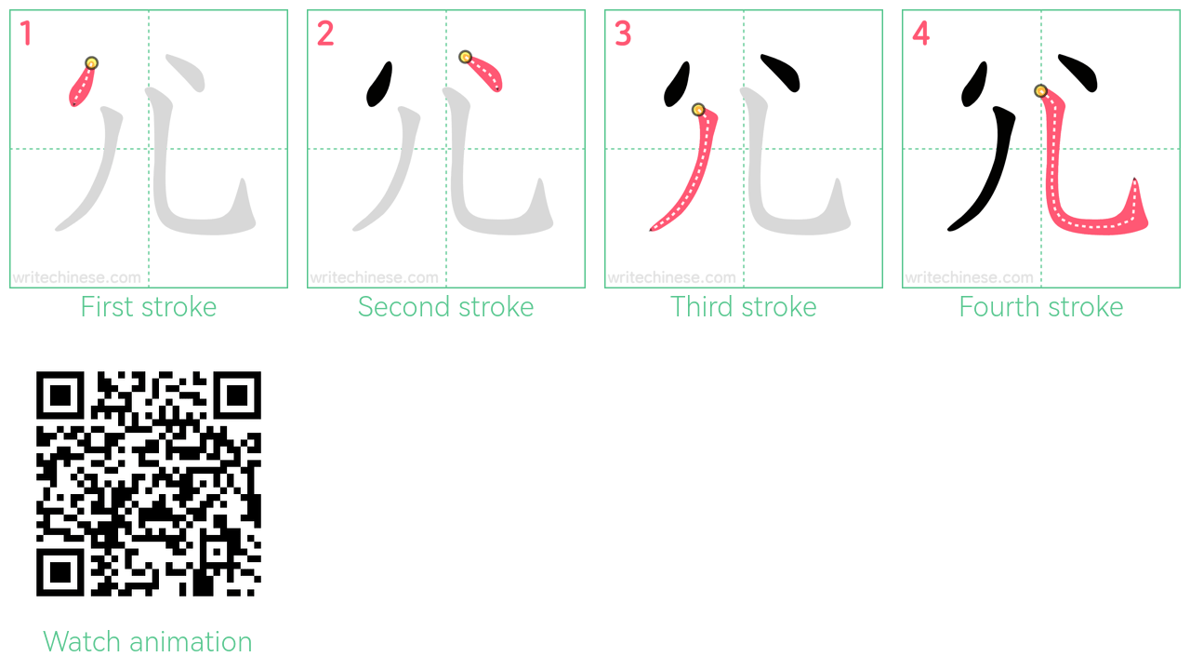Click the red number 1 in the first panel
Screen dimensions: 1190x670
(26, 33)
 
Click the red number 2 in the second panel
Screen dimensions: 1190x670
(325, 33)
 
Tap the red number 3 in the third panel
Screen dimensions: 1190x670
(623, 33)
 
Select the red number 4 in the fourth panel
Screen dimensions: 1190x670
(920, 33)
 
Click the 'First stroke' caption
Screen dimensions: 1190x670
(148, 307)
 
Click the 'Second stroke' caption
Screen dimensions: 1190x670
(445, 307)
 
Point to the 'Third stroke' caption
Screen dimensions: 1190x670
(743, 307)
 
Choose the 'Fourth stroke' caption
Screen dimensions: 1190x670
(1040, 307)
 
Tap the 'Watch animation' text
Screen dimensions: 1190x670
(147, 641)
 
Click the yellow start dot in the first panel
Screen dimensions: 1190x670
(91, 63)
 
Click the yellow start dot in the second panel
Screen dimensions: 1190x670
(466, 57)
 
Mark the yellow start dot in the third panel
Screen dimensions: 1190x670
(698, 110)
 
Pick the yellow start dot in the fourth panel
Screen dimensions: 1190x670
(1040, 91)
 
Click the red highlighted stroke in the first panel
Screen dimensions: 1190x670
(83, 85)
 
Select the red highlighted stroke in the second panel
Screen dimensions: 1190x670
(484, 73)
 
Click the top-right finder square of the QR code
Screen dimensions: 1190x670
(237, 395)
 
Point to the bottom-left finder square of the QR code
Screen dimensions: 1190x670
(60, 572)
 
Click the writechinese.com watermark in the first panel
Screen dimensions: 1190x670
(77, 277)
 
